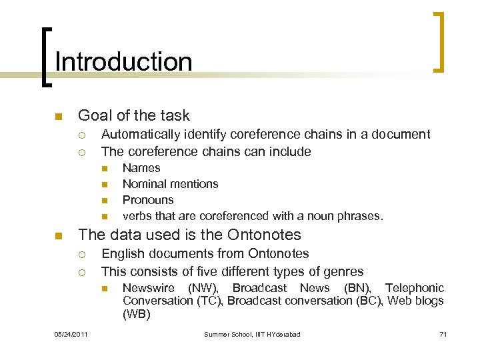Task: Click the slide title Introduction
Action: [123, 62]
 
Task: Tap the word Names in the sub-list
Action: [141, 168]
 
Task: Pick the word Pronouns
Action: [148, 200]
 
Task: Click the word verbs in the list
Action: [137, 216]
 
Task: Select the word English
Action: [122, 253]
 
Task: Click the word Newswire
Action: [148, 288]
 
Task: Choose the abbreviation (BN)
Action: [359, 288]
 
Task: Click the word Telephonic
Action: [414, 288]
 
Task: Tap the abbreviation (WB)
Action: [137, 314]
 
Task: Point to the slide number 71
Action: [443, 334]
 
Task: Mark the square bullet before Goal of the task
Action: [58, 117]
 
